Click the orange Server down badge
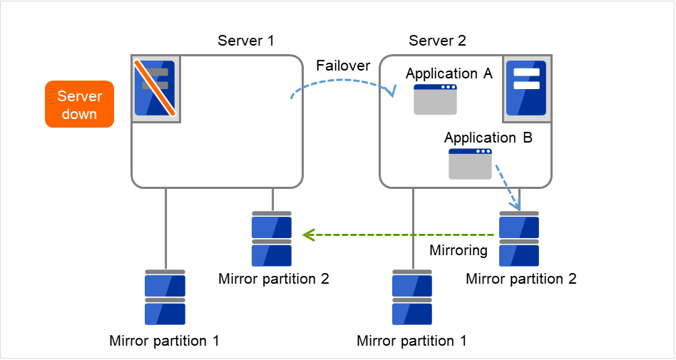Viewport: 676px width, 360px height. coord(79,104)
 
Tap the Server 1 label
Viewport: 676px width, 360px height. coord(245,40)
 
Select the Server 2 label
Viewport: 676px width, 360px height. coord(437,40)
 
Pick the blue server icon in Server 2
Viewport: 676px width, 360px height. coord(526,87)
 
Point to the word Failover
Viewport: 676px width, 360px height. coord(343,66)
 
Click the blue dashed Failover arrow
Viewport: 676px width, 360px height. coord(342,82)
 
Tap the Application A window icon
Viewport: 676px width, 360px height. coord(436,100)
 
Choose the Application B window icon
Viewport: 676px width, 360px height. coord(470,164)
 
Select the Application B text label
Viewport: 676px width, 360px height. coord(488,138)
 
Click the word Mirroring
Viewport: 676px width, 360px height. coord(459,251)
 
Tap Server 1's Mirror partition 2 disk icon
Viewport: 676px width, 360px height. coord(272,238)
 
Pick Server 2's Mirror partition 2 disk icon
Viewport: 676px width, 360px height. coord(519,238)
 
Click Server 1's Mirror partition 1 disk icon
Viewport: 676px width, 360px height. coord(165,297)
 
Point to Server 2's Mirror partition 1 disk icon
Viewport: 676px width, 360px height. coord(411,297)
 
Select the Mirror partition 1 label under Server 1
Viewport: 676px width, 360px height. coord(164,340)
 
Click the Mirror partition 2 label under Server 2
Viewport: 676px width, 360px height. coord(521,279)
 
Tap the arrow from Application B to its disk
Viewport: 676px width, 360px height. coord(508,186)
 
